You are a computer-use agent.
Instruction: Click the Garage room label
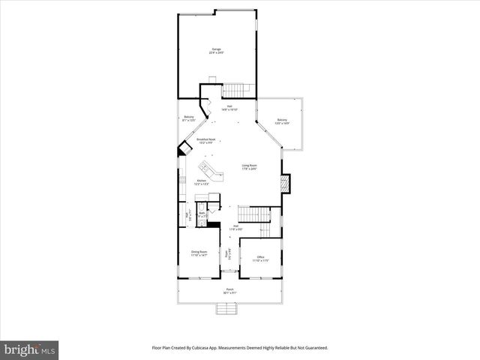coord(216,51)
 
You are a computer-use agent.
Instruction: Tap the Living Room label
coord(249,166)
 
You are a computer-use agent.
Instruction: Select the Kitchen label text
coord(201,182)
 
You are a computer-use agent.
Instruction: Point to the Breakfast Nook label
coord(206,141)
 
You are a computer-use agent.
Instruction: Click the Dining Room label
coord(199,253)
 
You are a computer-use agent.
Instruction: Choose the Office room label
coord(260,259)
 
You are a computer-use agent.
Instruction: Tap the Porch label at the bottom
coord(230,291)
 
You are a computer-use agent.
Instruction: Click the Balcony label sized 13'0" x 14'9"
coord(282,121)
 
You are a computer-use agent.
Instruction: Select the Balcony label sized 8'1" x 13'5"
coord(189,118)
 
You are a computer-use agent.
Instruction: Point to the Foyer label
coord(229,254)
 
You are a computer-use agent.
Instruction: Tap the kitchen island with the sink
coord(211,170)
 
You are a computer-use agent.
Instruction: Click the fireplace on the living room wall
coord(284,183)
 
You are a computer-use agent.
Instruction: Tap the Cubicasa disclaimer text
coord(240,347)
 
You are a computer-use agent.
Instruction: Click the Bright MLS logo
coord(30,350)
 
